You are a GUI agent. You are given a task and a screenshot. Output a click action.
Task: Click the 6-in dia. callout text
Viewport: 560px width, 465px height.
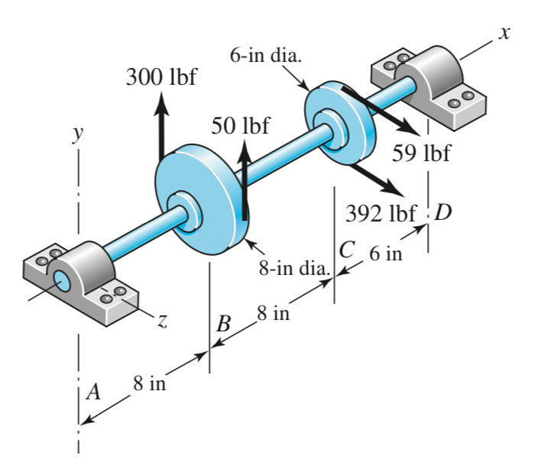[x=265, y=56]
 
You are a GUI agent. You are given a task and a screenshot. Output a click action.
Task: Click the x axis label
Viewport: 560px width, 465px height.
[x=503, y=33]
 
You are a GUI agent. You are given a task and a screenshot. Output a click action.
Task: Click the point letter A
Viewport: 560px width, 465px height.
[x=93, y=392]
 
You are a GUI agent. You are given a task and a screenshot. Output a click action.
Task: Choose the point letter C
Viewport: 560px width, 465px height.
[x=347, y=250]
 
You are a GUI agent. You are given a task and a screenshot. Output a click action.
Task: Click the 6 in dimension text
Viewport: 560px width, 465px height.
[x=385, y=253]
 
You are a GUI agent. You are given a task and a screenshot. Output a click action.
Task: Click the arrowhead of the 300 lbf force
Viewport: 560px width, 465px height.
[x=161, y=99]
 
